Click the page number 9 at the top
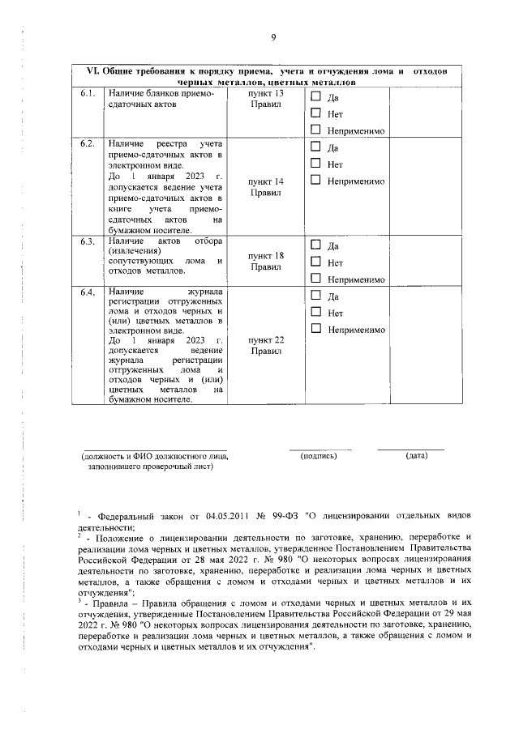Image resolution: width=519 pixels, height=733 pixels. (x=273, y=37)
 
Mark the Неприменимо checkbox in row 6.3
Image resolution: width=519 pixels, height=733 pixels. (x=316, y=279)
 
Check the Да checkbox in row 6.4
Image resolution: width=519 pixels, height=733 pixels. (x=316, y=296)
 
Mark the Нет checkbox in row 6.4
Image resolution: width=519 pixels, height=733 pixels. (x=316, y=312)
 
